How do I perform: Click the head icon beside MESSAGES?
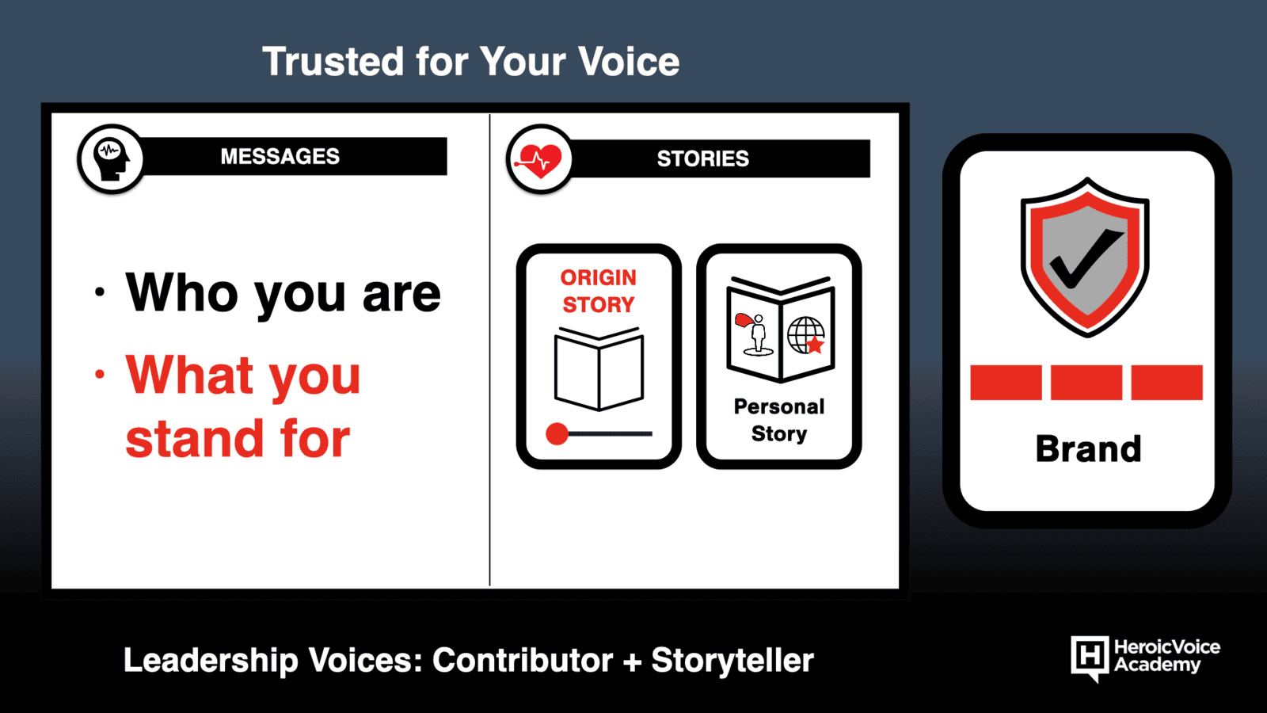112,159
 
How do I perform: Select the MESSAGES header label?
280,156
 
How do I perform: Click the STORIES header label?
702,158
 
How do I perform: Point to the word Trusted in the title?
333,61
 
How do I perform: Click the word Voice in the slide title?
629,61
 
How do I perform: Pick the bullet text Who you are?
283,293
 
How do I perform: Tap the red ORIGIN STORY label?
599,291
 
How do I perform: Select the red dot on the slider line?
557,434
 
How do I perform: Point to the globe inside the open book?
805,336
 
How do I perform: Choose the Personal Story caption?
779,420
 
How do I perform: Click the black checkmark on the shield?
1086,259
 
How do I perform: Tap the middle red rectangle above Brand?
1086,383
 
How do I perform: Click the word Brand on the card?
1088,448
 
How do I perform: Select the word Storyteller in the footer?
732,661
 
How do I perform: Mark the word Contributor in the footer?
523,660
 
